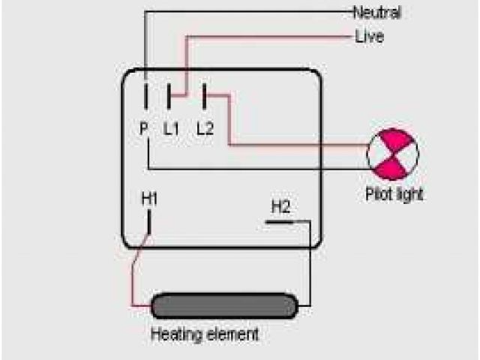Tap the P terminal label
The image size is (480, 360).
pyautogui.click(x=143, y=128)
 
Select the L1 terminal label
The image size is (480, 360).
pyautogui.click(x=172, y=128)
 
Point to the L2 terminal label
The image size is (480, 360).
pyautogui.click(x=205, y=128)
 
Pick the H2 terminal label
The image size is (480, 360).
pyautogui.click(x=280, y=206)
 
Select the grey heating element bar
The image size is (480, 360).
pyautogui.click(x=225, y=305)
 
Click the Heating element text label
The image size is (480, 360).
pyautogui.click(x=205, y=334)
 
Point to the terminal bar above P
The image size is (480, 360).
pyautogui.click(x=145, y=97)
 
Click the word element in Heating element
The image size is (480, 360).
pyautogui.click(x=232, y=334)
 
